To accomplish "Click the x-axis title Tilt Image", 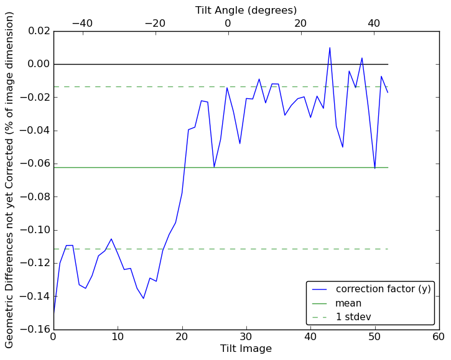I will pos(246,349).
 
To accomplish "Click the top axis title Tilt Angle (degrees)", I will pos(246,10).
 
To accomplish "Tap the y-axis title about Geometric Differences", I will pos(10,180).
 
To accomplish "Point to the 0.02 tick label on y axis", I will pos(35,31).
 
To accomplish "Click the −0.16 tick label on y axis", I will pos(33,330).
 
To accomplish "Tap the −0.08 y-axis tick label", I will pos(33,196).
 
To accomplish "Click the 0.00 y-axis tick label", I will pos(35,64).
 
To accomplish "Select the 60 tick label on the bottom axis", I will pos(439,336).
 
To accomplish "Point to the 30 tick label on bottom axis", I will pos(246,336).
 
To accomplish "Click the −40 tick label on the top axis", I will pos(81,23).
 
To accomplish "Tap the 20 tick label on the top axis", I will pos(300,23).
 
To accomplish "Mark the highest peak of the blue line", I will pos(330,48).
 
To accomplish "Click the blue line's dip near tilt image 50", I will pos(374,168).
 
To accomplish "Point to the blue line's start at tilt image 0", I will pos(54,313).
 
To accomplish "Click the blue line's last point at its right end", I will pos(388,93).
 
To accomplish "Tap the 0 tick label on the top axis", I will pos(228,23).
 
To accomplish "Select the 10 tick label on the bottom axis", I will pos(118,336).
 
